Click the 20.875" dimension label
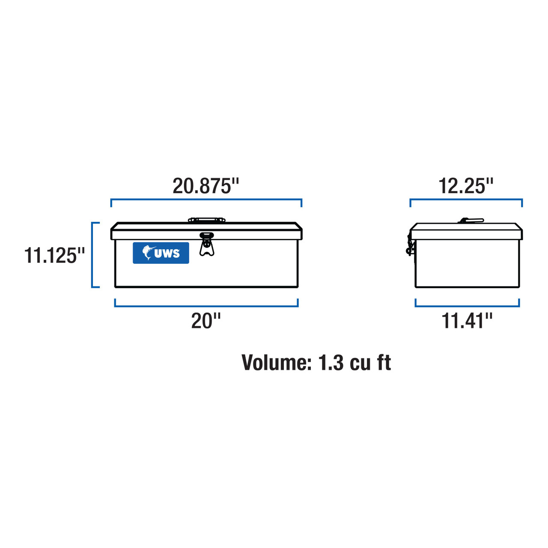tap(205, 186)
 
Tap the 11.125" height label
tap(54, 256)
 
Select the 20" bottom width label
tap(206, 321)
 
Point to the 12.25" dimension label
tap(466, 186)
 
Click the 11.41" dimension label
tap(467, 321)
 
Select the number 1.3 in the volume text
tap(331, 363)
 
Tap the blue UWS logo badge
tap(161, 253)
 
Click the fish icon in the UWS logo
tap(147, 253)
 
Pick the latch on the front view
tap(207, 244)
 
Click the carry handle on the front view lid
tap(207, 220)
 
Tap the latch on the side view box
tap(410, 247)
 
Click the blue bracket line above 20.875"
tap(206, 200)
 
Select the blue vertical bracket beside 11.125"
tap(92, 255)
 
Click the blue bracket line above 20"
tap(206, 306)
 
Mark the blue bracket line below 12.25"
tap(466, 200)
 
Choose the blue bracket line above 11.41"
tap(467, 306)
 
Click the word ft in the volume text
tap(384, 363)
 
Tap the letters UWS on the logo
tap(167, 253)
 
